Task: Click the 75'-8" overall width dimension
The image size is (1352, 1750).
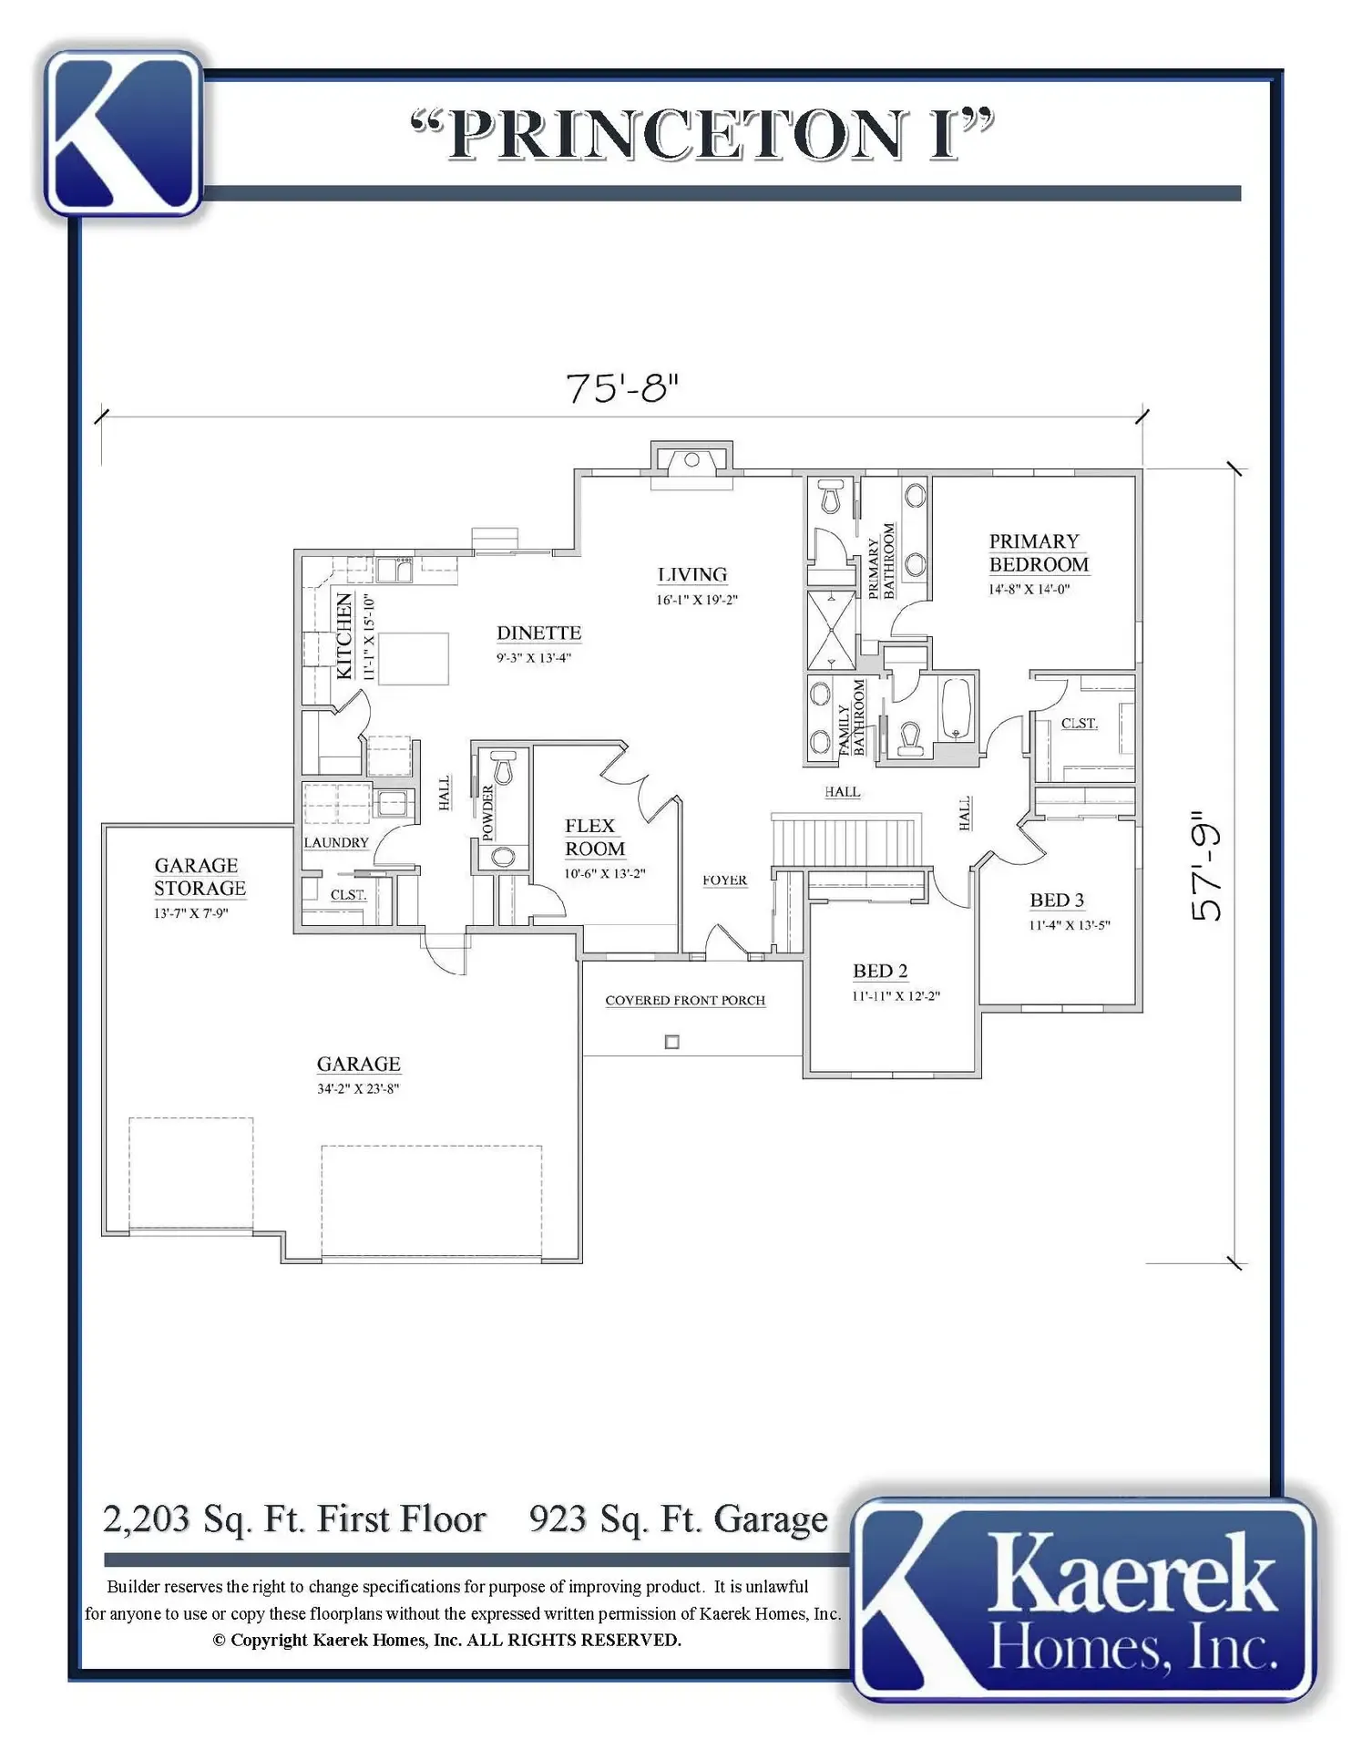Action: click(622, 387)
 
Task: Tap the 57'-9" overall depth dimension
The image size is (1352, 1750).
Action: click(1206, 866)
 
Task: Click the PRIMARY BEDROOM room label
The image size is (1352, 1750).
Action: click(1039, 552)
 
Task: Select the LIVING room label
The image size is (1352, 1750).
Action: click(692, 574)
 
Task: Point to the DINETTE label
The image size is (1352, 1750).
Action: click(538, 633)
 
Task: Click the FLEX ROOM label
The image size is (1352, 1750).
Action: click(595, 837)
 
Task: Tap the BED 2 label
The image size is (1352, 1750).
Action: click(880, 971)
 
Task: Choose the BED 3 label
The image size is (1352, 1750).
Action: click(1057, 900)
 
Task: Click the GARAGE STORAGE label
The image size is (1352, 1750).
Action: click(200, 876)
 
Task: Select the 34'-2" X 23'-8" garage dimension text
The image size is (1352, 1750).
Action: click(358, 1088)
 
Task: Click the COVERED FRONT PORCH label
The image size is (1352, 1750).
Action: click(685, 1000)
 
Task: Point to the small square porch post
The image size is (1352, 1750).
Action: click(672, 1042)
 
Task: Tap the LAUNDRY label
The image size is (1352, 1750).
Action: click(336, 842)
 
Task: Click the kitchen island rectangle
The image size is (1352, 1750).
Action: click(414, 658)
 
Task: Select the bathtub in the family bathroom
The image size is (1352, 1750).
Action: click(955, 707)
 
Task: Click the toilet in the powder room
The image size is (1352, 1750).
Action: click(503, 767)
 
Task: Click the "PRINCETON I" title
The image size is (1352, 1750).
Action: click(702, 135)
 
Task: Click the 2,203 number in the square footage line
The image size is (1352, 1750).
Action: click(146, 1519)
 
